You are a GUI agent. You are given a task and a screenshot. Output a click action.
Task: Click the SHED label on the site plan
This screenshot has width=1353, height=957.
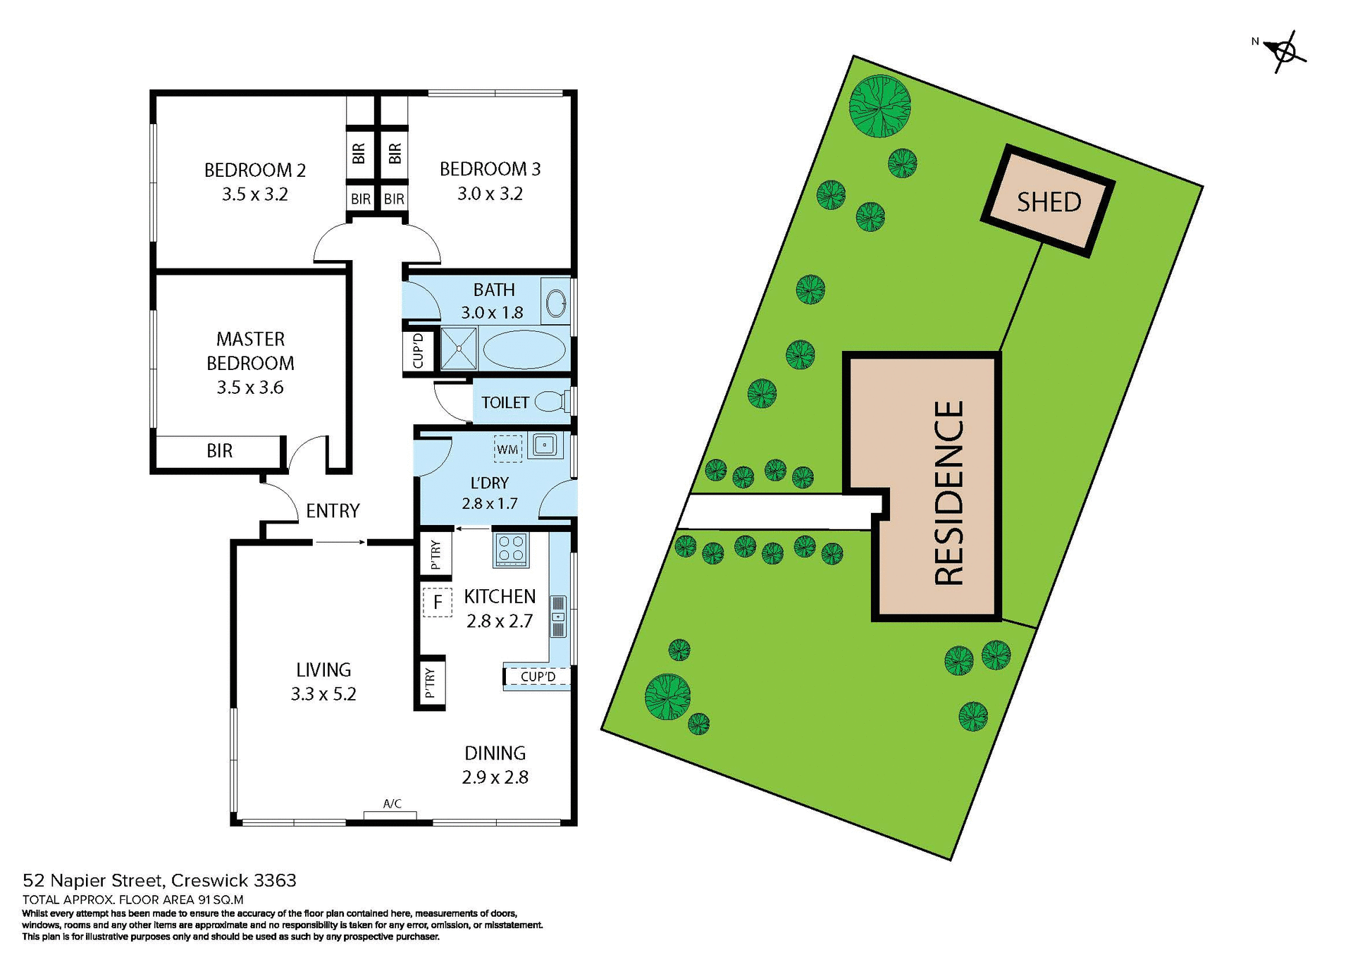point(1049,202)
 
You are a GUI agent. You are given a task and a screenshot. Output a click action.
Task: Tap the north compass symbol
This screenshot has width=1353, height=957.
point(1285,51)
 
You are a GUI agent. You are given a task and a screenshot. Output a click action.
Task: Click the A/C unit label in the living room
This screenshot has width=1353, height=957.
point(392,804)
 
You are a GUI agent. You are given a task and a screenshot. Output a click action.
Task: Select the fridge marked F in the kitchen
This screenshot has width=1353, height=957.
point(438,603)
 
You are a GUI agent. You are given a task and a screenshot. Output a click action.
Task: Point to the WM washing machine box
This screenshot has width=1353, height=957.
point(507,450)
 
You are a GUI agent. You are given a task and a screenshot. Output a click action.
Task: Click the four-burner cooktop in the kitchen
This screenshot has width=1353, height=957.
point(511,550)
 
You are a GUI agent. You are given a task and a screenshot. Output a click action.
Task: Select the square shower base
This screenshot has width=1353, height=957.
point(459,348)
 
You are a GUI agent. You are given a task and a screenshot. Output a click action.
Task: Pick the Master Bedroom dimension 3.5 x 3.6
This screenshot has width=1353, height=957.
point(250,388)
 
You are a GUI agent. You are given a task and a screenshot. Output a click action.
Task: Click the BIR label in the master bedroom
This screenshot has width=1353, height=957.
point(219,451)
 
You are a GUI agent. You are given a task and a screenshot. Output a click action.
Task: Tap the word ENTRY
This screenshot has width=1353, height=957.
point(333,511)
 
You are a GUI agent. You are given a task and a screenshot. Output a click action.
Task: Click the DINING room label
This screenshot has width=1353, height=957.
point(495,753)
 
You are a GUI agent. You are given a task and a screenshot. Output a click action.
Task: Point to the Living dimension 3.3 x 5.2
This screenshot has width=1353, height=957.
point(323,694)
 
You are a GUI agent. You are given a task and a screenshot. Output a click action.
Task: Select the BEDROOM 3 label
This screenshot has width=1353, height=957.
point(490,169)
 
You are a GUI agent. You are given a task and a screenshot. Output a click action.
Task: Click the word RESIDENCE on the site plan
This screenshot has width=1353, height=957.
point(949,493)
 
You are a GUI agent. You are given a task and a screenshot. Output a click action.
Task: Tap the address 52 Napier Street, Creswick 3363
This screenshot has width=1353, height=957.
point(160,881)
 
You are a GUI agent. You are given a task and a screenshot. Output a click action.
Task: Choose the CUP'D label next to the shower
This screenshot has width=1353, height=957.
point(418,351)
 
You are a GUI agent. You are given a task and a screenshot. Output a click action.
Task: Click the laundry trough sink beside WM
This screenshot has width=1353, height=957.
point(545,445)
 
